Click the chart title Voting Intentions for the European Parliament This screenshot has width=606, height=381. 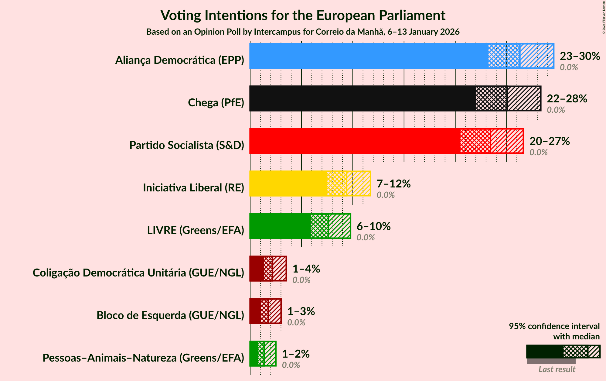point(303,15)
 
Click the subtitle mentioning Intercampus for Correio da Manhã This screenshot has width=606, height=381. point(303,32)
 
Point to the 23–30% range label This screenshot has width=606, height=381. point(580,56)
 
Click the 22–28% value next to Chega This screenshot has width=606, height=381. point(567,99)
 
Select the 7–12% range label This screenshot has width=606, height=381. point(393,184)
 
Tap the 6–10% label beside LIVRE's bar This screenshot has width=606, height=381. point(373,226)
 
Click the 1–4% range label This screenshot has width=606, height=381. point(306,269)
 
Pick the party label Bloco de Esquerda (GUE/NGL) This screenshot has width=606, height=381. point(170,315)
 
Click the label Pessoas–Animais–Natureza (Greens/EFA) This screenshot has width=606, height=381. point(143,358)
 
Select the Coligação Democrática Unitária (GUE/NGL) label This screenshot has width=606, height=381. point(138,273)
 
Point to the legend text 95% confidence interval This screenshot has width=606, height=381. point(554,326)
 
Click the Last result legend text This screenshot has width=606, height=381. point(557,369)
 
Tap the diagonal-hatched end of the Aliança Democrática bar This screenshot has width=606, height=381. point(537,56)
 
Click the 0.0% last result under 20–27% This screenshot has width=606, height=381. point(538,153)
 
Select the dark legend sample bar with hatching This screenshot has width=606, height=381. point(563,352)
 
